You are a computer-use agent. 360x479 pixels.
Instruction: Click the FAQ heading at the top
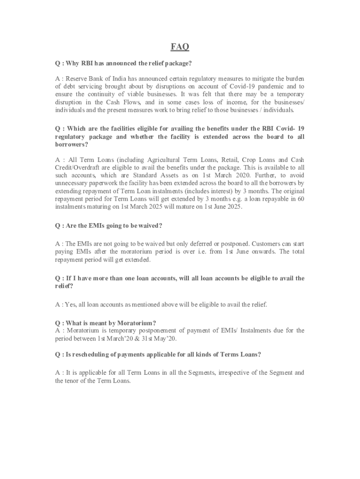click(x=180, y=47)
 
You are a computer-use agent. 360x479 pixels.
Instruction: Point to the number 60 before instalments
click(x=300, y=199)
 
